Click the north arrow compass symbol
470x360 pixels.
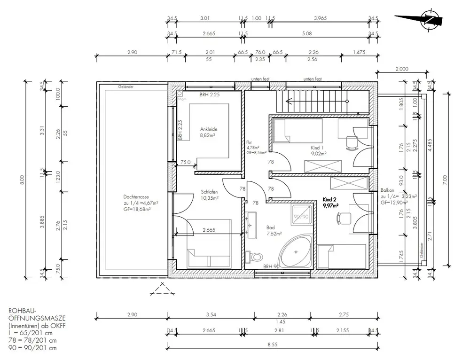(x=429, y=19)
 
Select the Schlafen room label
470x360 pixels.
(x=209, y=192)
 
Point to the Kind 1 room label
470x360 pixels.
(x=319, y=147)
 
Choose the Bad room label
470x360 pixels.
(x=270, y=226)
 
